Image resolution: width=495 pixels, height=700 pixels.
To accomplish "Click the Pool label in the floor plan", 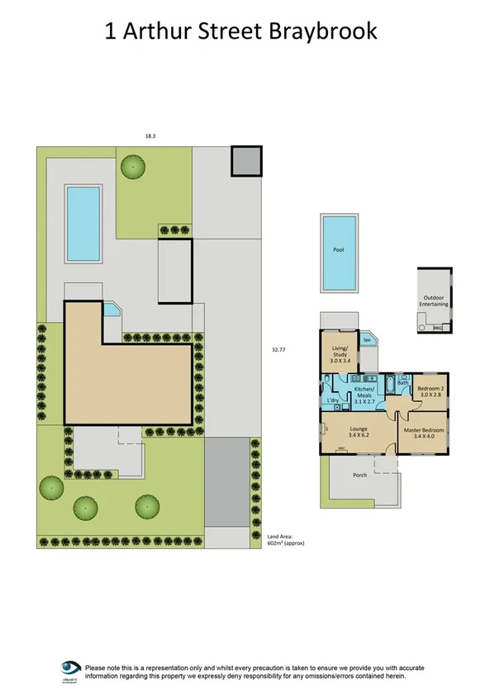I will click(338, 249).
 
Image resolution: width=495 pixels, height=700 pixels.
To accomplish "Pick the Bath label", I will click(403, 383).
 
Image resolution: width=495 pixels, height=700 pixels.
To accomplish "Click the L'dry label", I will click(334, 401).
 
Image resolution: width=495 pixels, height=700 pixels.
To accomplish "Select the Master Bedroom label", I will click(424, 433).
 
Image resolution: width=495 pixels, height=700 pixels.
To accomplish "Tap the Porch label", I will click(359, 475).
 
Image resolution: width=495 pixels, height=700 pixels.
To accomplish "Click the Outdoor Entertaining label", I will click(436, 300).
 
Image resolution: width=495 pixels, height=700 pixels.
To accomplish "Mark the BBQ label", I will click(438, 328).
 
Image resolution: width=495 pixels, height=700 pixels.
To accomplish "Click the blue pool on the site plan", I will click(83, 222).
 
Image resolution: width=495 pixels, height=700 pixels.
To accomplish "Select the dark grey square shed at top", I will click(245, 161).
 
